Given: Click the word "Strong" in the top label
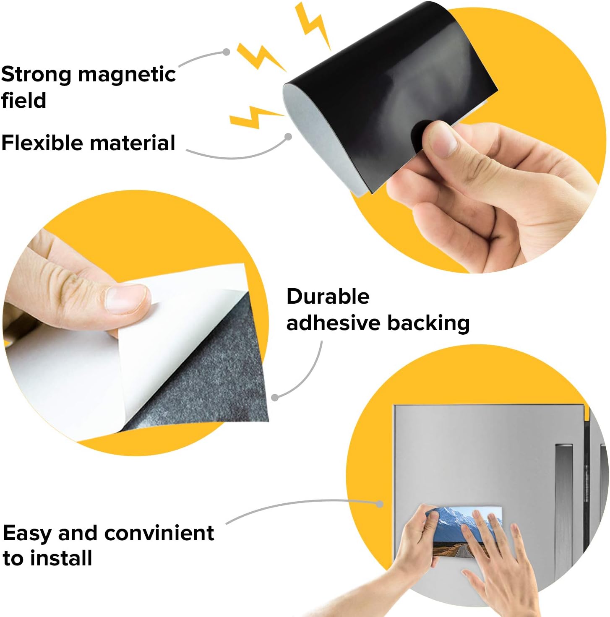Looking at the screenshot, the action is point(36,75).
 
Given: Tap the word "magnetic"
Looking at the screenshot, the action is point(127,75).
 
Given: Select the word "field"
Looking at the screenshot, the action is point(24,100).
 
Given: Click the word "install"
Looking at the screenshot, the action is point(62,558).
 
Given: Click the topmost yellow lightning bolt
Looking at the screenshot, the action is point(313,26).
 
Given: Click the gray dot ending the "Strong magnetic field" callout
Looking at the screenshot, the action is point(227,52).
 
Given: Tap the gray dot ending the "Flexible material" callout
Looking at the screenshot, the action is point(288,137).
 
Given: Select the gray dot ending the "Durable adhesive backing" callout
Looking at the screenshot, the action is point(274,398).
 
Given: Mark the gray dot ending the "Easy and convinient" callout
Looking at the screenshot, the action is point(380,504).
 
